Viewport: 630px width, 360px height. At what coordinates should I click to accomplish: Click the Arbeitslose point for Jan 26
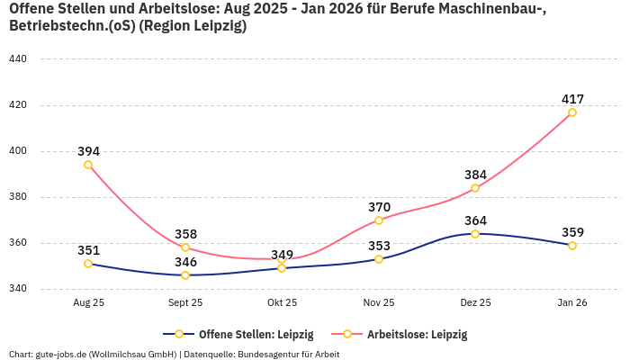point(572,112)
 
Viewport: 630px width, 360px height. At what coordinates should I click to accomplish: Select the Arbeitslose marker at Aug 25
point(88,165)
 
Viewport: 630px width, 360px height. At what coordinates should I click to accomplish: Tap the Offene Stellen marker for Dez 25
point(475,234)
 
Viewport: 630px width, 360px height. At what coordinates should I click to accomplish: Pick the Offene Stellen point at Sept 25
point(185,275)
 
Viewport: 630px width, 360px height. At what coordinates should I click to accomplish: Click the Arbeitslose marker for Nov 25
point(379,220)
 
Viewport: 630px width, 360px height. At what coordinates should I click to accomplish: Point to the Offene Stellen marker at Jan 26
point(572,246)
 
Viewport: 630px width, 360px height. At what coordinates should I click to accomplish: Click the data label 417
point(572,99)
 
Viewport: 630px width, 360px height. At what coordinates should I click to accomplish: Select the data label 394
point(88,151)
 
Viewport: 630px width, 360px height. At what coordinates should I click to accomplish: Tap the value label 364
point(475,220)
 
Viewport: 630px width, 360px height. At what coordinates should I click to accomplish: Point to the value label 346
point(185,262)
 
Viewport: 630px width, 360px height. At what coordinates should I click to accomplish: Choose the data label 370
point(379,207)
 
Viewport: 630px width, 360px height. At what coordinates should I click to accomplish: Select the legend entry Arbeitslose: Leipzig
point(417,334)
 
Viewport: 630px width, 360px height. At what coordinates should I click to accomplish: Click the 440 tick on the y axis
point(18,59)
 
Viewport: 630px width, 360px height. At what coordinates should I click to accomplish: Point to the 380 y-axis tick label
point(18,197)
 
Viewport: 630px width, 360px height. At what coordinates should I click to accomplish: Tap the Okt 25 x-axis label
point(282,303)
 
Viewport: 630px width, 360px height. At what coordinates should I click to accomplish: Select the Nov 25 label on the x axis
point(379,303)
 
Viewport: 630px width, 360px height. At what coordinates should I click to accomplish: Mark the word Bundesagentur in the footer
point(274,354)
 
